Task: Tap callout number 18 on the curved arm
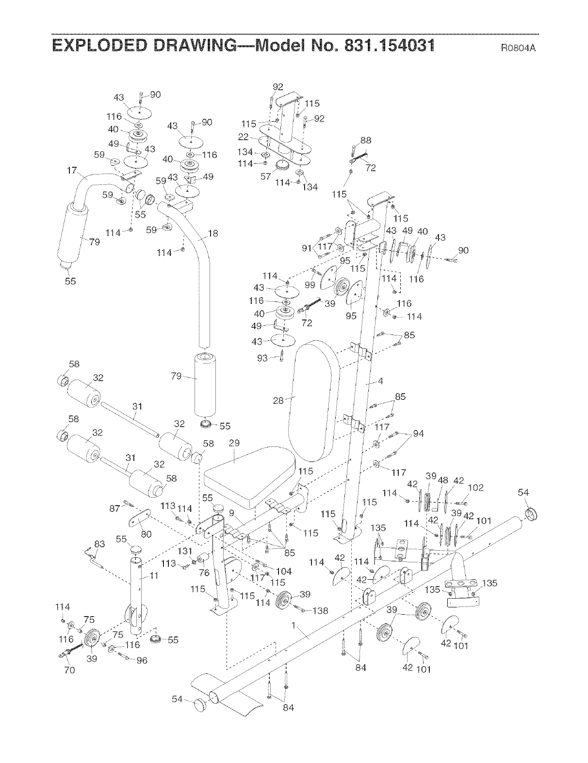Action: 213,233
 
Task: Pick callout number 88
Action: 366,140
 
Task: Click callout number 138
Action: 321,611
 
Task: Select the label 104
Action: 284,572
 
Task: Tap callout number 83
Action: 99,544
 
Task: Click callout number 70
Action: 69,670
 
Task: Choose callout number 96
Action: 142,660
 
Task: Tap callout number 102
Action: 476,488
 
